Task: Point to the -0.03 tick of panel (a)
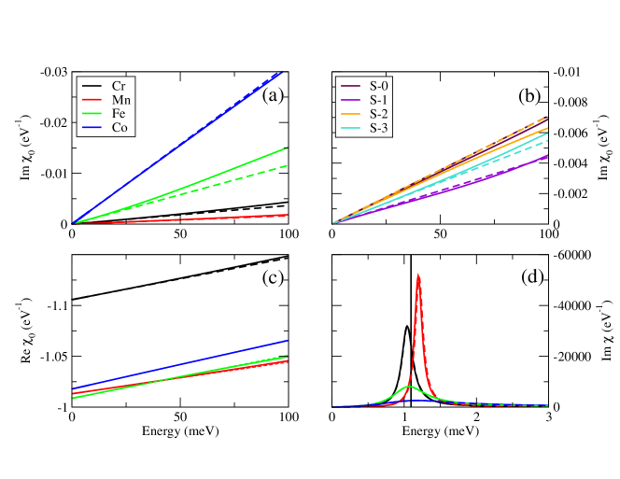click(53, 72)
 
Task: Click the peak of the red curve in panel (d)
click(418, 275)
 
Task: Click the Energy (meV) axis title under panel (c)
click(180, 432)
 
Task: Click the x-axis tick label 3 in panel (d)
click(548, 419)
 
